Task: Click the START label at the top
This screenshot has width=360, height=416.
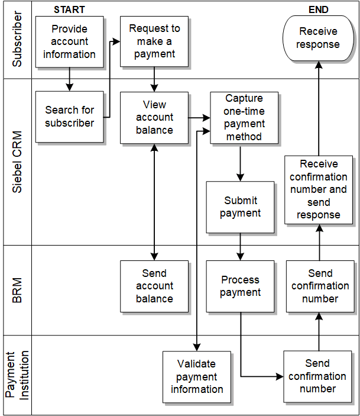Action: point(69,9)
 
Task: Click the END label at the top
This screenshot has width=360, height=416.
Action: point(319,9)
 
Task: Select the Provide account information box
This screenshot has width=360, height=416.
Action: point(69,41)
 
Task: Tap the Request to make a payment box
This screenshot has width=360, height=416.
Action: point(154,41)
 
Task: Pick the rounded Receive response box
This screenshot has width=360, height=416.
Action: point(318,38)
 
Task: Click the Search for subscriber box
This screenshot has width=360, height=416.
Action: point(69,117)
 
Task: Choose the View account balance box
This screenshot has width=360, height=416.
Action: point(154,117)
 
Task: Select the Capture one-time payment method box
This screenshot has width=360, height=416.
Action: point(244,117)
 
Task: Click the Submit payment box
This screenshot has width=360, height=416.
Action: point(240,207)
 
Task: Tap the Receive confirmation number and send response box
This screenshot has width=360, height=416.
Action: point(319,189)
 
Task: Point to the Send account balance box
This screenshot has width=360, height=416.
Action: point(154,286)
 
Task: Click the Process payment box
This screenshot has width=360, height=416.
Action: point(240,286)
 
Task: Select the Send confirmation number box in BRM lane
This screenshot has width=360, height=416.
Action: point(320,286)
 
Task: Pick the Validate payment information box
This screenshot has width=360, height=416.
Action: point(197,377)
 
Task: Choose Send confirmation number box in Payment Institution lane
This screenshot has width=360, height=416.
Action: point(317,376)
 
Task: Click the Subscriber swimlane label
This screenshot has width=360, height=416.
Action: point(18,39)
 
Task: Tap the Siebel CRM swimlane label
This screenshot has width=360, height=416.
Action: point(18,161)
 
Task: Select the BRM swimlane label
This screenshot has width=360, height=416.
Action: point(18,290)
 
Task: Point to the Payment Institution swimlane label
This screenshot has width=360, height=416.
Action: point(18,375)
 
